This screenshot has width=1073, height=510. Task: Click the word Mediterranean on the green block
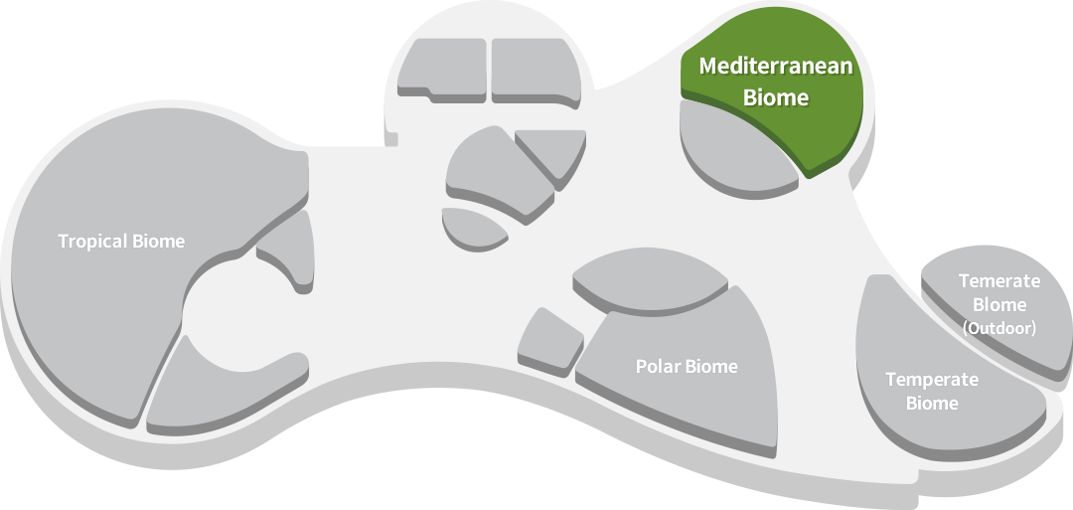[x=776, y=67]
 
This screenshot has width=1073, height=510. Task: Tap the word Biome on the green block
[x=776, y=97]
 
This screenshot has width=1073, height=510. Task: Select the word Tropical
[x=90, y=242]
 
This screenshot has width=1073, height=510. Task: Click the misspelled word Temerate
[x=999, y=282]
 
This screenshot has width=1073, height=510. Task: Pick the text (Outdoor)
[x=999, y=328]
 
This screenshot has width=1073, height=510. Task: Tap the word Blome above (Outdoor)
[x=999, y=305]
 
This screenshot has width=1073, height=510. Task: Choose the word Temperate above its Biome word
[x=932, y=380]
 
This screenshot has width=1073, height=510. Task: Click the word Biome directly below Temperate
[x=932, y=403]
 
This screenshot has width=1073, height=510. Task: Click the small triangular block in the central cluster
[x=551, y=149]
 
